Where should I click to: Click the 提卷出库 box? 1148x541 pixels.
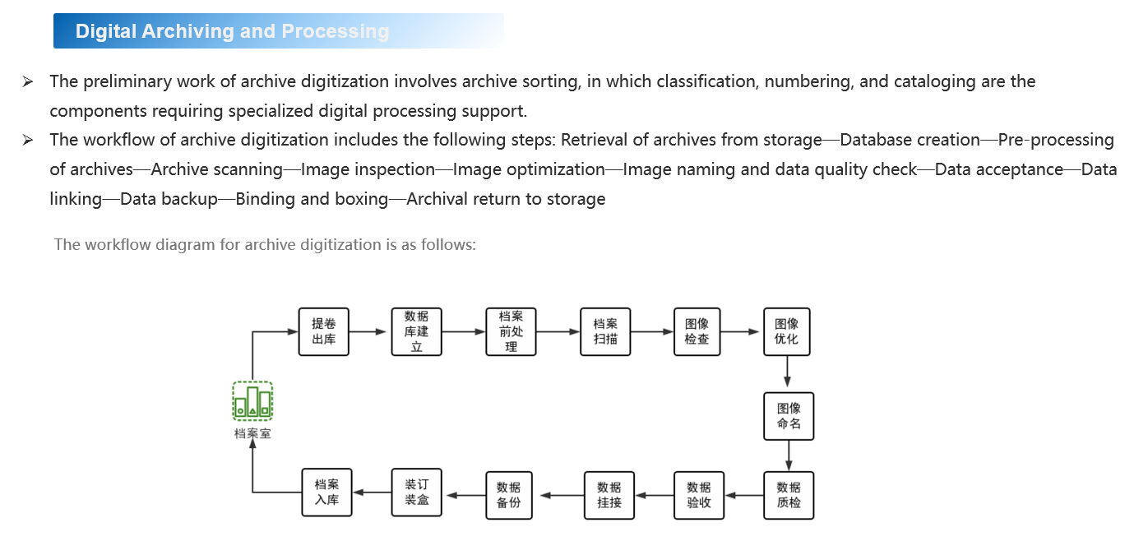323,331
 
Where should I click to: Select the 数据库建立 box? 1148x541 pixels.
416,331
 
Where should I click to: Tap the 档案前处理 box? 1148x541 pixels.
511,331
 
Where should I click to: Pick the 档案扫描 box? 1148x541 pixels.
605,331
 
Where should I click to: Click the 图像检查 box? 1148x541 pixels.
697,331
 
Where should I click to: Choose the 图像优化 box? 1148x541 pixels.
787,331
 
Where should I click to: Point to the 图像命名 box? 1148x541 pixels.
789,416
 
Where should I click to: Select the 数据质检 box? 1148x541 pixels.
789,495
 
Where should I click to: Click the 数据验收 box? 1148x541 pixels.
698,495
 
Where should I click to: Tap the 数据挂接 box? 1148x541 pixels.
609,495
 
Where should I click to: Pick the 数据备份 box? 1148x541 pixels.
509,495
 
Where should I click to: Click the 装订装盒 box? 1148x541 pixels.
417,492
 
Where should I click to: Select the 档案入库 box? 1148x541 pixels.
326,492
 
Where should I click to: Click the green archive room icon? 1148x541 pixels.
252,401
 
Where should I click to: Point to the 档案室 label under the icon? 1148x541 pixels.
252,433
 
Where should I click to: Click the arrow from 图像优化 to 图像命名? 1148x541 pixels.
788,373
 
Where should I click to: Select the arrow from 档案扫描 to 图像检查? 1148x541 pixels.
652,332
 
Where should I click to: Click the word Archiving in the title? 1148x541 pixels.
188,31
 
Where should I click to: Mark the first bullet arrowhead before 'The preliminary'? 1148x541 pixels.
28,81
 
